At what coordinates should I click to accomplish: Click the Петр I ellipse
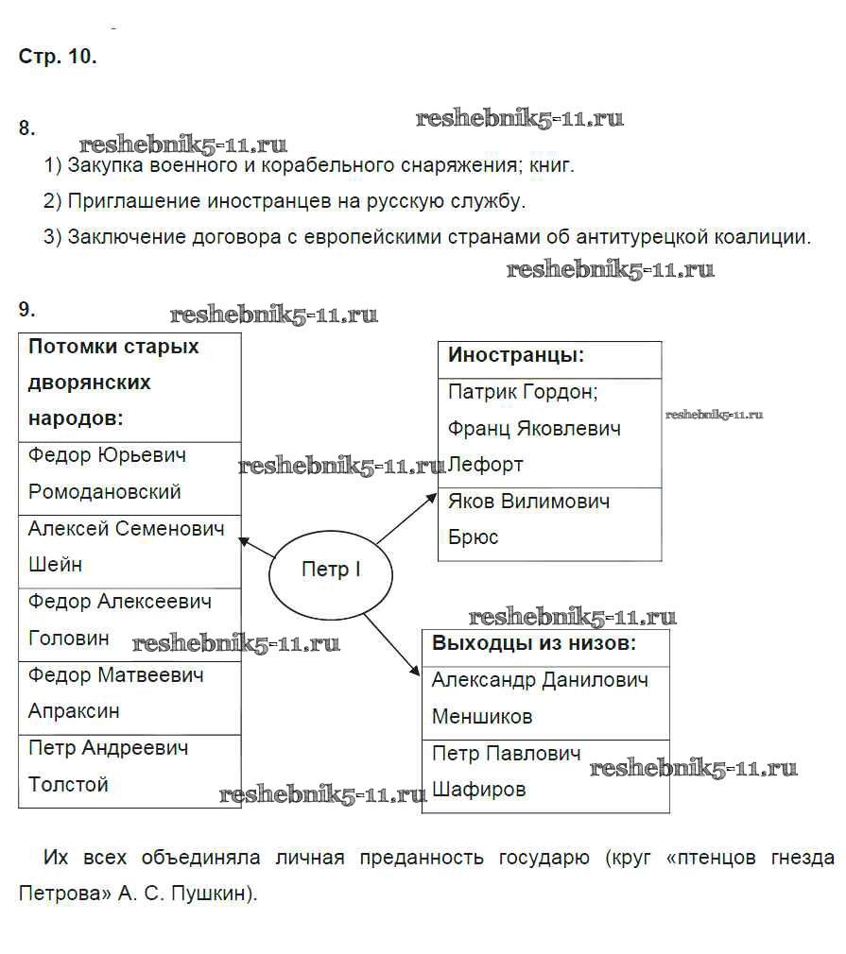point(330,571)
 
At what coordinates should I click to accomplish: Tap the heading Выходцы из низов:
point(534,643)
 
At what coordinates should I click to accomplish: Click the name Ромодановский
point(105,492)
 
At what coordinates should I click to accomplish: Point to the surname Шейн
point(55,565)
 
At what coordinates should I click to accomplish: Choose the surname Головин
point(69,639)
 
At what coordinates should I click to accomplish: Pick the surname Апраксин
point(74,711)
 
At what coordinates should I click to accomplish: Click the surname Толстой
point(69,785)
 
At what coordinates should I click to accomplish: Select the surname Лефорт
point(485,465)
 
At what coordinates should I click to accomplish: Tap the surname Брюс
point(473,537)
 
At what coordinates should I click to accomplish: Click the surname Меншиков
point(482,717)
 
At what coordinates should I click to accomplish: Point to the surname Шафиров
point(479,790)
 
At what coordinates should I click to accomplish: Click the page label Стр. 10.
point(58,56)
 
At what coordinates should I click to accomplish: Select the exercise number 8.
point(27,128)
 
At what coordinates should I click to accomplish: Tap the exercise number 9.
point(27,309)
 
